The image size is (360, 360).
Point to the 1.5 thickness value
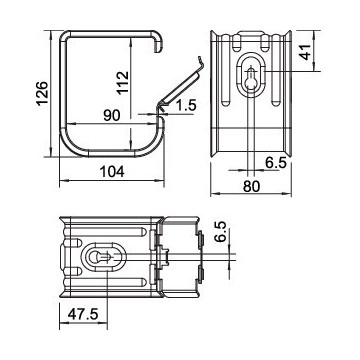pos(186,106)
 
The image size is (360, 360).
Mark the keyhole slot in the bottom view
pos(100,257)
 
